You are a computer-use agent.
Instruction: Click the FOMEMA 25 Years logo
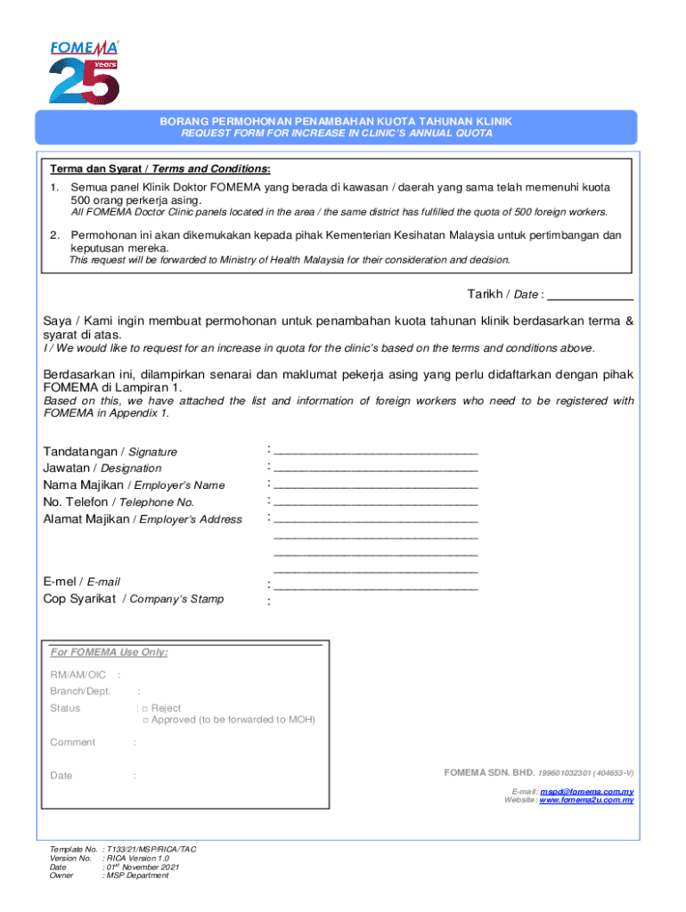coord(83,71)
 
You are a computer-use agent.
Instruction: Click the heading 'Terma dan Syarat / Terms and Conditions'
coord(160,169)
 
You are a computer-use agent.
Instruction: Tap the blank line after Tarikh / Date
coord(594,295)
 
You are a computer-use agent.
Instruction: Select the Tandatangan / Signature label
coord(110,452)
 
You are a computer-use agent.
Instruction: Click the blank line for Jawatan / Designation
coord(375,467)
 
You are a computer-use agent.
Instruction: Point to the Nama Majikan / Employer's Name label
coord(134,485)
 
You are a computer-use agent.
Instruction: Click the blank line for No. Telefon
coord(375,501)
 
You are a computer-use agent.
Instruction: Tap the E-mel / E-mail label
coord(81,582)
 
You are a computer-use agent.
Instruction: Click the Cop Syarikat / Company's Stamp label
coord(134,599)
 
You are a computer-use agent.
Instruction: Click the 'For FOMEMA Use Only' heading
coord(109,652)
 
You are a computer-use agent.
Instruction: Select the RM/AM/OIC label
coord(78,675)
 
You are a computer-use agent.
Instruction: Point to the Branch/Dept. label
coord(80,691)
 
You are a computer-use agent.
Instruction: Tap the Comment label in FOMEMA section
coord(72,742)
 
